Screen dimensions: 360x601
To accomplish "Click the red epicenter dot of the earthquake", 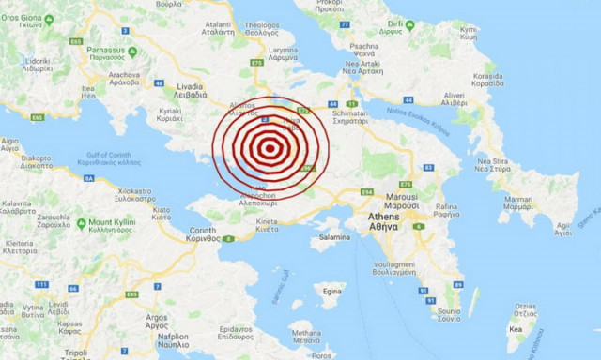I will click(x=270, y=146).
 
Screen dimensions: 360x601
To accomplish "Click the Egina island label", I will click(x=331, y=292).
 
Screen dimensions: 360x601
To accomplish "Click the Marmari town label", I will click(x=518, y=202).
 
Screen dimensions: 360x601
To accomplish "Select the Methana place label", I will click(x=305, y=334).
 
